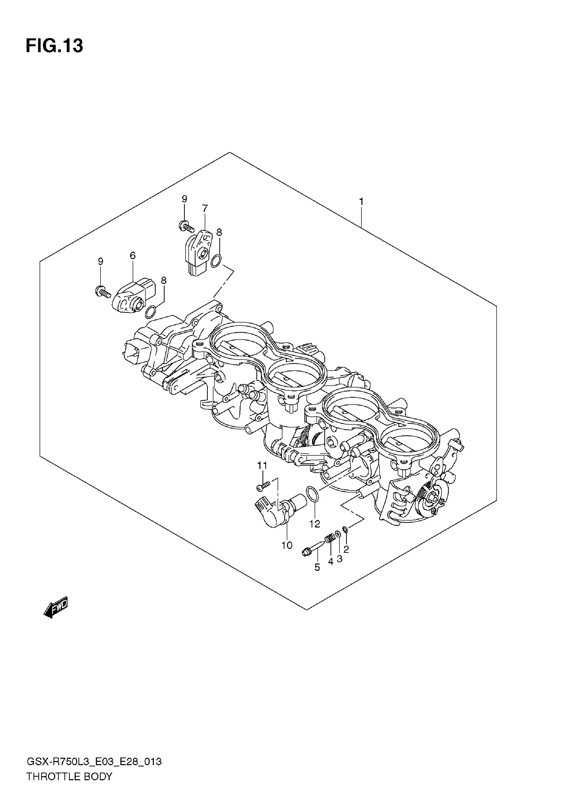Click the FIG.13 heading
coord(54,46)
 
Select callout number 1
coord(361,202)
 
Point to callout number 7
coord(204,208)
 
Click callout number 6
coord(132,256)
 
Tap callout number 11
coord(262,466)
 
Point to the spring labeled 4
coord(329,539)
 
